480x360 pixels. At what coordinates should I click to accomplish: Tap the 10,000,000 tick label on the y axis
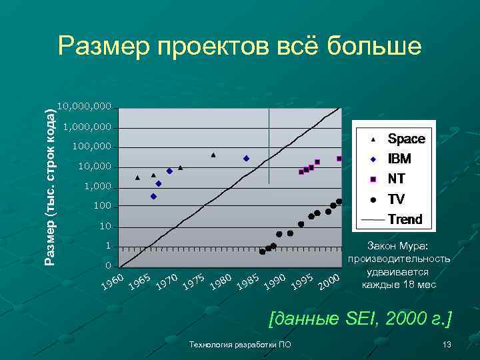(85, 107)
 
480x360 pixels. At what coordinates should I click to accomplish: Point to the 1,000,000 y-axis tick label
(87, 127)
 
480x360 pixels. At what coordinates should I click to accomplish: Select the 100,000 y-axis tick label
(91, 147)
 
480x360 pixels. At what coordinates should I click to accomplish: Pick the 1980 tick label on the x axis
(221, 283)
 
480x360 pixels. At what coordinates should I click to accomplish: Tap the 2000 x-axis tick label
(329, 283)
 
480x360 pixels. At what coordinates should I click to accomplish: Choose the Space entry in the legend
(406, 139)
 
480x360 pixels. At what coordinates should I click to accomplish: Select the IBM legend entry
(399, 159)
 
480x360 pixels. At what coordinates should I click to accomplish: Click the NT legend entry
(397, 179)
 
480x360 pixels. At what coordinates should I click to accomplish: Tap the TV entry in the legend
(396, 199)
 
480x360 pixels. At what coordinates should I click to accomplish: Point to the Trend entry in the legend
(405, 219)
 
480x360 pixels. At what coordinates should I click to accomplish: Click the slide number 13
(447, 345)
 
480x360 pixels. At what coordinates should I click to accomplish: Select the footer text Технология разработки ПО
(240, 345)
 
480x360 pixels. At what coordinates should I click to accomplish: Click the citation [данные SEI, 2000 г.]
(360, 319)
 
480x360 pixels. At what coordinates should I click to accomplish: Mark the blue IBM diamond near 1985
(246, 159)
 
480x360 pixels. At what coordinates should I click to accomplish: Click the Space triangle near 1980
(213, 155)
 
